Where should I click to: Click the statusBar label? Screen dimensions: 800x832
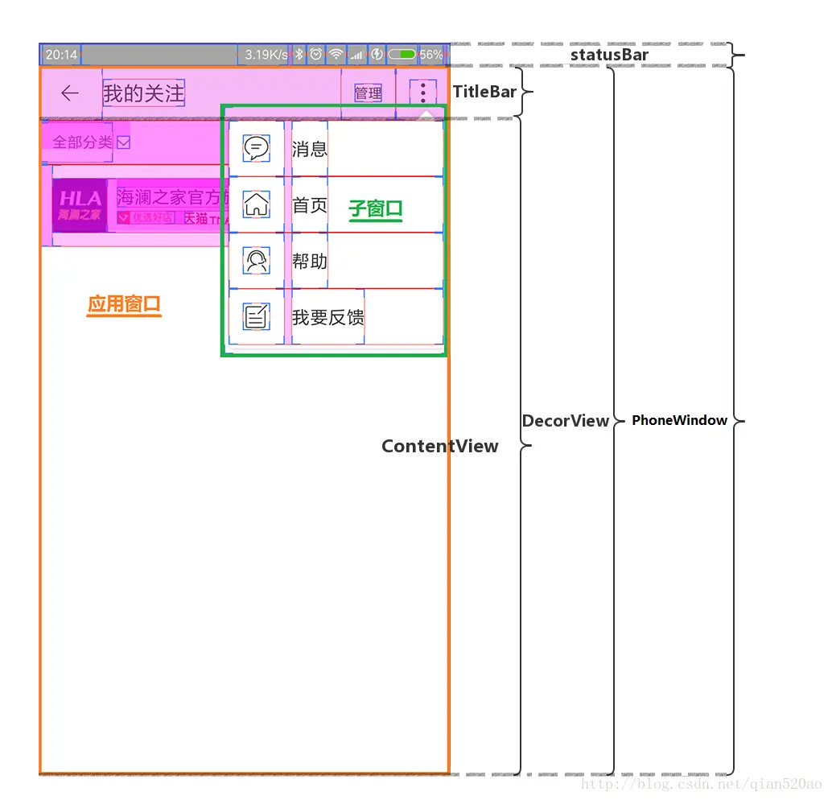click(x=609, y=55)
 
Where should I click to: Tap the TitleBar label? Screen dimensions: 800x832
click(x=484, y=92)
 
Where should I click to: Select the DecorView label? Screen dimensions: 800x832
click(x=566, y=421)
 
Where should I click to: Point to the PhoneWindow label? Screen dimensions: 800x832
click(x=679, y=420)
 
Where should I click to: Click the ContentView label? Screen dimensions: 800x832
click(x=439, y=447)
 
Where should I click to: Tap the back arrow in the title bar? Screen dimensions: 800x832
click(x=70, y=93)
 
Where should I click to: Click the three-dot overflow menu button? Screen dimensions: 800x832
click(x=423, y=92)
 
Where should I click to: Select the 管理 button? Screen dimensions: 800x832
click(x=369, y=93)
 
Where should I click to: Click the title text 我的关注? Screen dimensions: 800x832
click(x=144, y=93)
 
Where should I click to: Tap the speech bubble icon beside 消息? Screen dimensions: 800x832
click(x=256, y=149)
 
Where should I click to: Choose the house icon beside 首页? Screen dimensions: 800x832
click(x=256, y=204)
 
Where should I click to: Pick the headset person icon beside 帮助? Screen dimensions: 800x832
click(x=256, y=261)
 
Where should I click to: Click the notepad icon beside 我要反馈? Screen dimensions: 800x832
click(x=256, y=317)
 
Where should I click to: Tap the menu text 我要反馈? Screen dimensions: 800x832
click(x=327, y=317)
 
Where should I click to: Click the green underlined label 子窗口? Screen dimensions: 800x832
click(x=376, y=209)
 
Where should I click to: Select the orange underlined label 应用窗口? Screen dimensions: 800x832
click(x=125, y=304)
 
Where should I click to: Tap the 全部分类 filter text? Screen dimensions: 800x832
click(x=82, y=142)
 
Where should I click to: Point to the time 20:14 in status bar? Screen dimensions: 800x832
click(x=61, y=55)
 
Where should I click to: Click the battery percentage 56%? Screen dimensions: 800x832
click(x=431, y=55)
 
